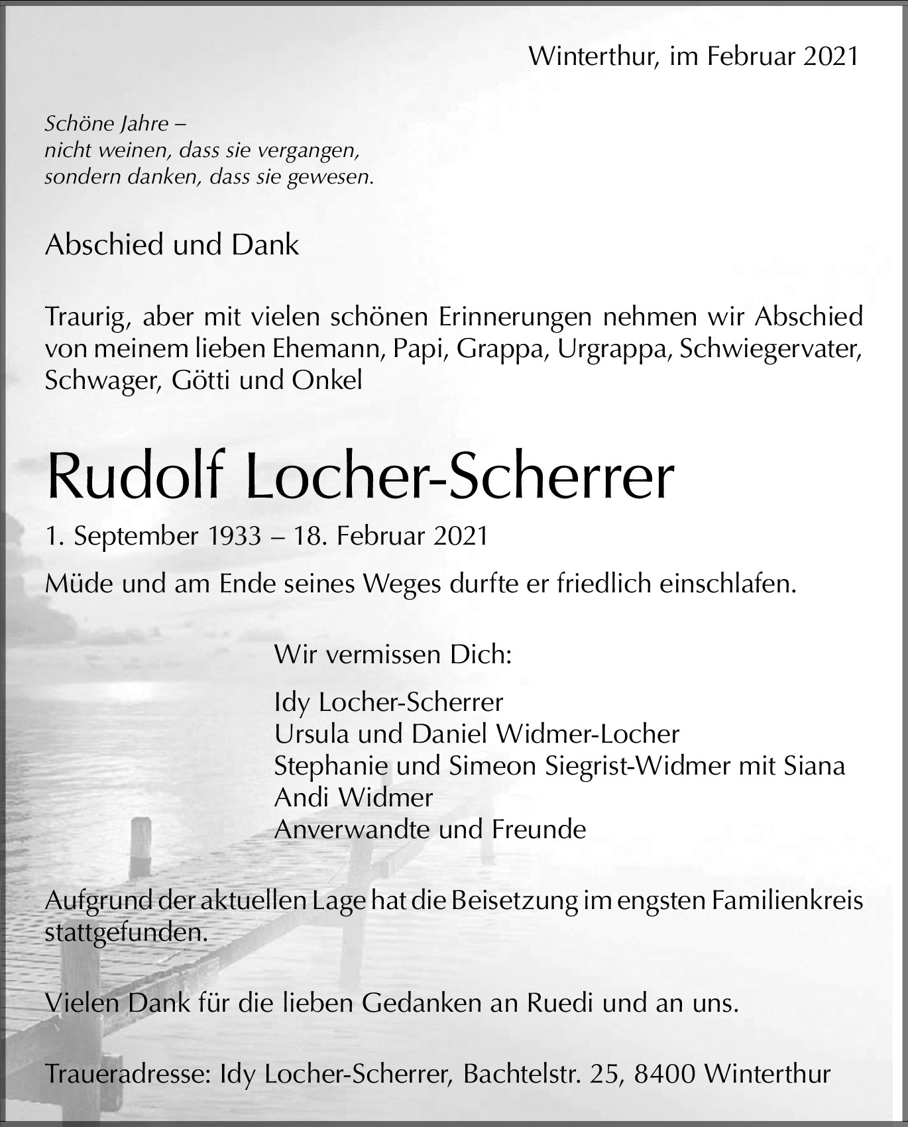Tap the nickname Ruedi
(560, 1004)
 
